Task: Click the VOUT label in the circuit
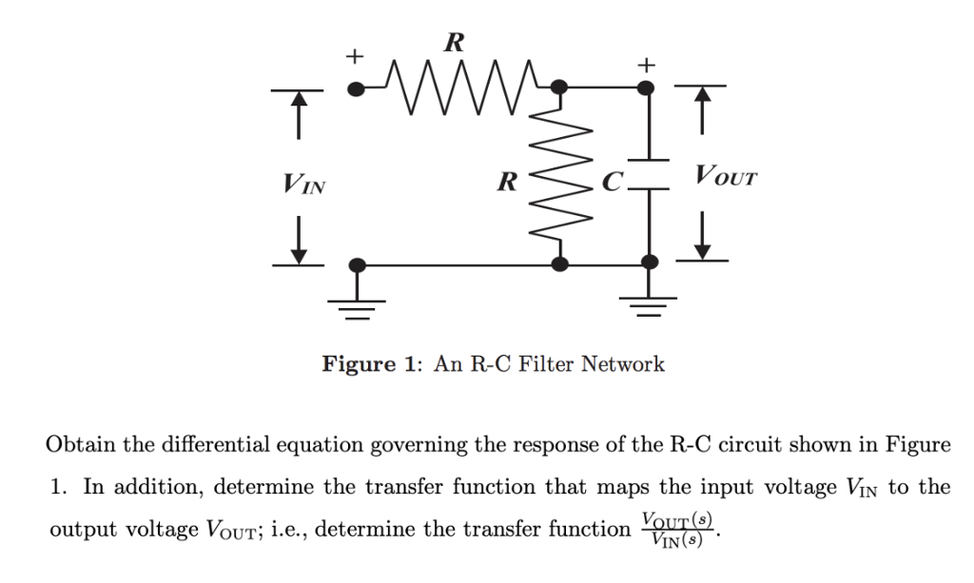coord(728,176)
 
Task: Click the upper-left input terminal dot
coord(356,89)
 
